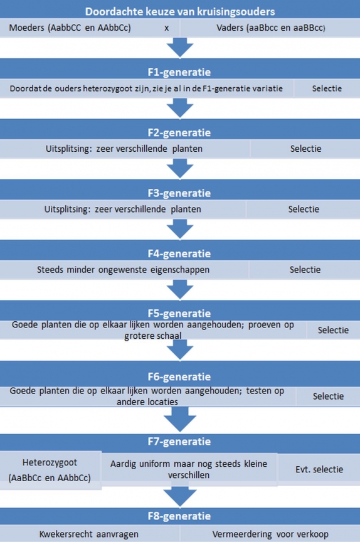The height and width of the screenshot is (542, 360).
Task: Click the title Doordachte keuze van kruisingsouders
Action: pos(180,11)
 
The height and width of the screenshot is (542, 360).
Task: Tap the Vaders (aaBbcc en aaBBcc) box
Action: pos(270,28)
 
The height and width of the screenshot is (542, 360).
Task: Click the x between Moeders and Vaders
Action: pos(167,28)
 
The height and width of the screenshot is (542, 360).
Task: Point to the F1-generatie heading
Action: pos(179,72)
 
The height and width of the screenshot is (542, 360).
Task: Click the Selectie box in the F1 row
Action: pos(327,88)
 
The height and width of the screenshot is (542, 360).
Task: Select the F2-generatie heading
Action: pos(179,132)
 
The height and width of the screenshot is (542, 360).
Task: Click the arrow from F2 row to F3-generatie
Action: pos(180,169)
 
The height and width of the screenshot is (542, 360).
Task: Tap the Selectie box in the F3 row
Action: pos(304,209)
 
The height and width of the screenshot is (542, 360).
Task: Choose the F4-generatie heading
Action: pos(179,253)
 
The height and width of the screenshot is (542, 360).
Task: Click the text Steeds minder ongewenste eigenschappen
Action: pos(123,270)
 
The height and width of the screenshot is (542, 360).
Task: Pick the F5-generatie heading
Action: pos(179,313)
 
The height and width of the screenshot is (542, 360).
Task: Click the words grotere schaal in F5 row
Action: pos(152,336)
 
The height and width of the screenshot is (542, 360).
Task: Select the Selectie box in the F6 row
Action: pos(328,396)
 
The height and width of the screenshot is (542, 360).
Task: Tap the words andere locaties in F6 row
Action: pos(147,401)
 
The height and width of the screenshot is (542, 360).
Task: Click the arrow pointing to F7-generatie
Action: pos(180,419)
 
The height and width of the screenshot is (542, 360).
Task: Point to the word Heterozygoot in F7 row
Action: pos(50,462)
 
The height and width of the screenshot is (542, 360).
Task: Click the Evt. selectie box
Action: pos(319,469)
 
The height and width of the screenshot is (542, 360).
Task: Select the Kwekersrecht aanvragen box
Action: pos(90,534)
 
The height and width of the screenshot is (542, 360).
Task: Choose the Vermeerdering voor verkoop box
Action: pos(270,534)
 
